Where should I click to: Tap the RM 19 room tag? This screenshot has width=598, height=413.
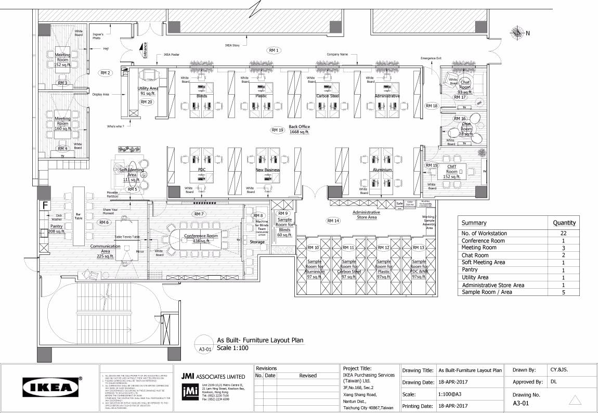277,130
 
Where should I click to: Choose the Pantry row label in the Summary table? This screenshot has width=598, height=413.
470,270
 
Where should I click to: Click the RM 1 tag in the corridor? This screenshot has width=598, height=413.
274,50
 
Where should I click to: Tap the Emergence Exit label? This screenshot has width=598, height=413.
431,58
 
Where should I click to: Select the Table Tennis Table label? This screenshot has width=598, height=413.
127,237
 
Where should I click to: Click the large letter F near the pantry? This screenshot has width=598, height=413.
46,205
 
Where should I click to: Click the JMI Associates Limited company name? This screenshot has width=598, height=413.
213,376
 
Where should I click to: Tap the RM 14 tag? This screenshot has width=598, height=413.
333,221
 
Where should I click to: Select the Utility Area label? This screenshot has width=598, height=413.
148,88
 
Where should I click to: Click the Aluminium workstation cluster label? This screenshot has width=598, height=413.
382,170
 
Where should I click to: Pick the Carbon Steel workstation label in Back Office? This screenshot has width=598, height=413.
328,96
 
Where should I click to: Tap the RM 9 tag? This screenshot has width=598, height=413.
283,214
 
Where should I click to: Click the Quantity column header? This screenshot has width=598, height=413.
564,223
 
